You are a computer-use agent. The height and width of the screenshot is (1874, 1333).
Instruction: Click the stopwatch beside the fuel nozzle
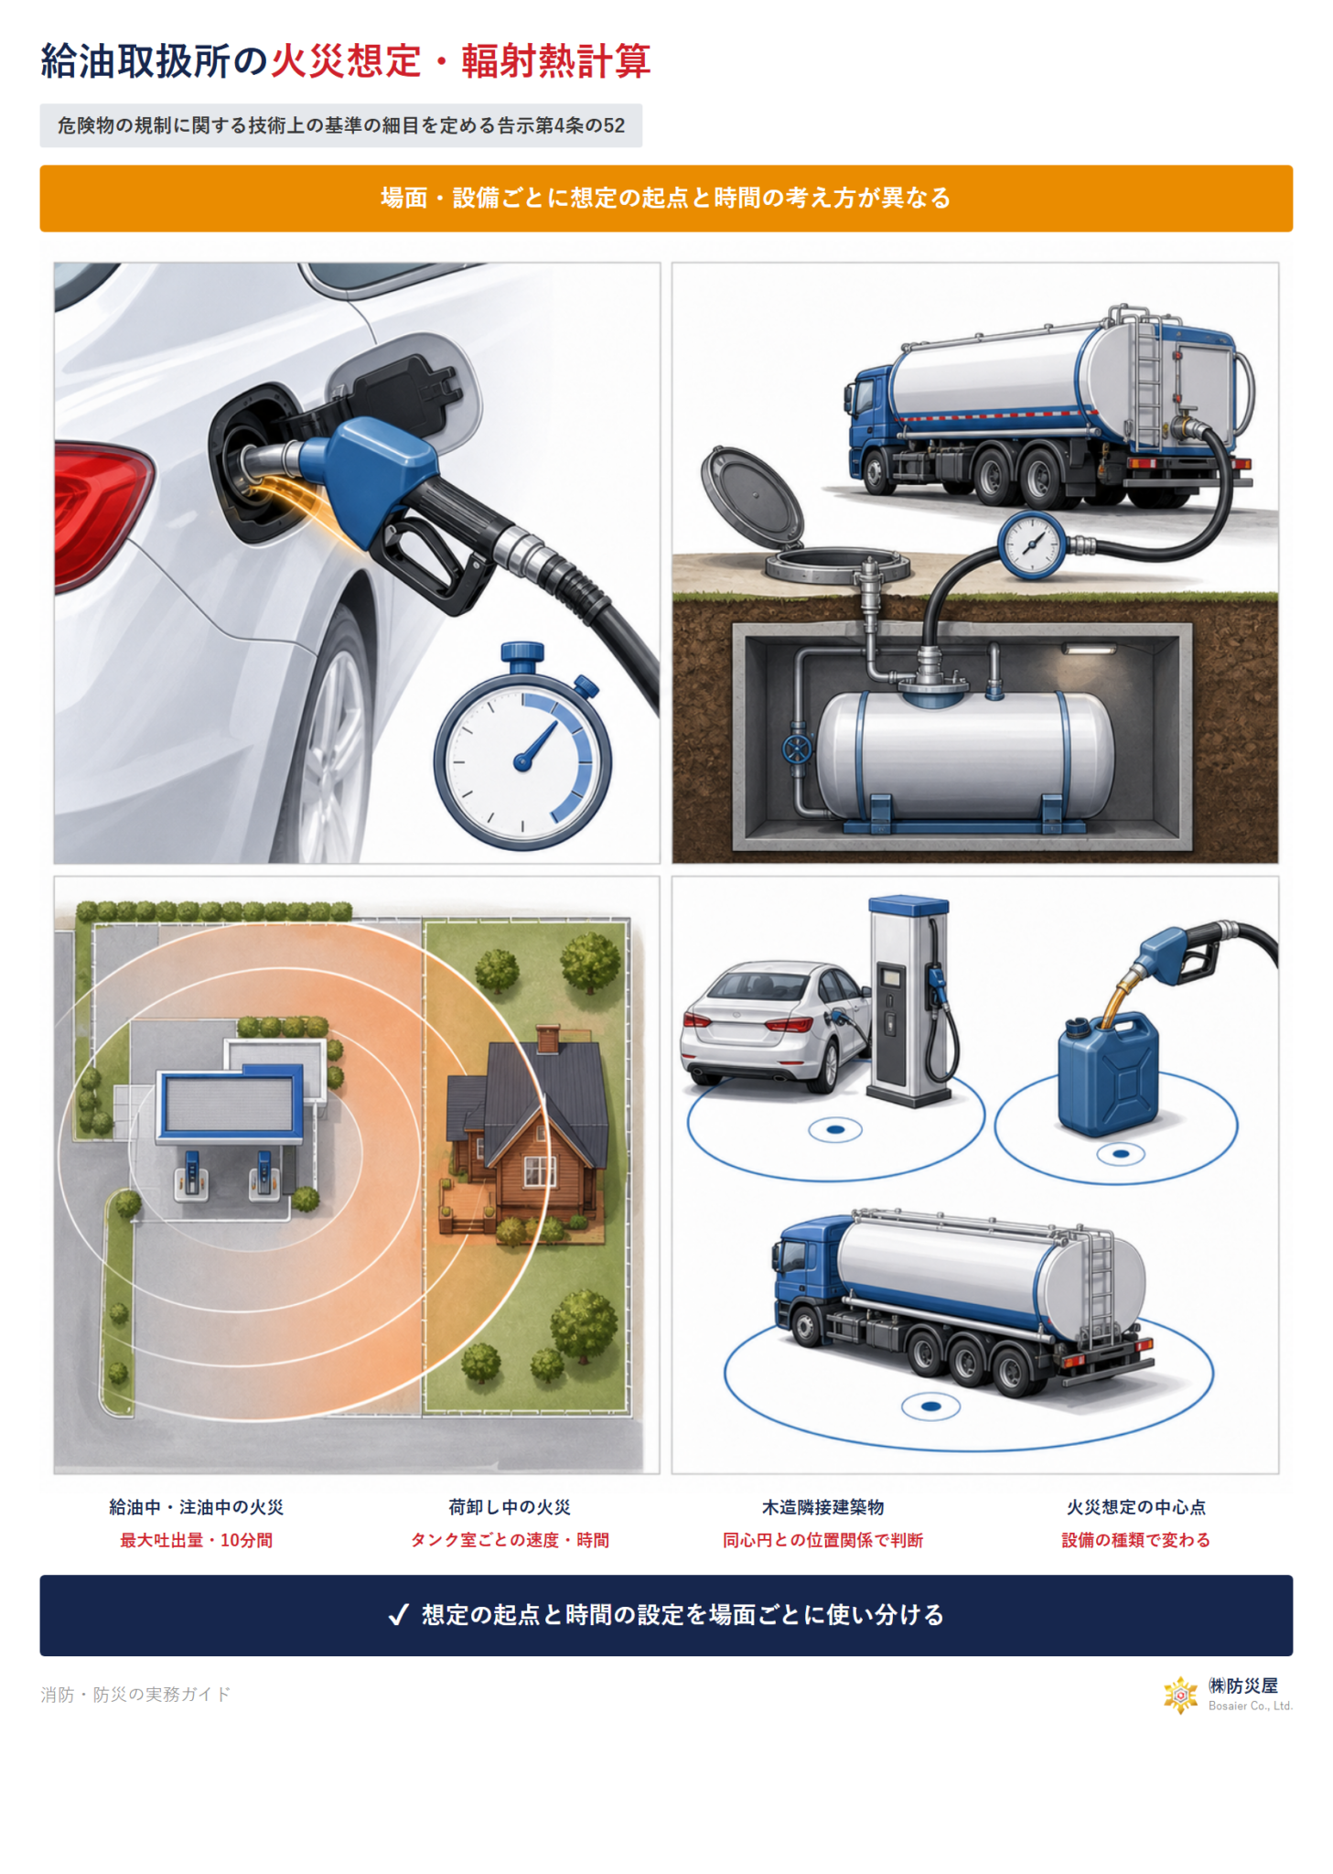(x=522, y=748)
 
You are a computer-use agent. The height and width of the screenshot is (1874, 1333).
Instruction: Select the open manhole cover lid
(x=751, y=494)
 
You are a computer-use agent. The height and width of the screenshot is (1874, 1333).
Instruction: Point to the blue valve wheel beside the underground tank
(x=797, y=749)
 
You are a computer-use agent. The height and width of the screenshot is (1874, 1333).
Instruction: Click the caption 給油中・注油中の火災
(x=197, y=1507)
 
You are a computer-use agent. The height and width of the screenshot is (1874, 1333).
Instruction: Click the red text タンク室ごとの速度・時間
(x=510, y=1540)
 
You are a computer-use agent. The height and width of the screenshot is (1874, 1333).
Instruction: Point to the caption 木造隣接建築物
(x=822, y=1507)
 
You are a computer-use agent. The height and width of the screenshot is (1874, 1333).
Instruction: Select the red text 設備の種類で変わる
(x=1135, y=1540)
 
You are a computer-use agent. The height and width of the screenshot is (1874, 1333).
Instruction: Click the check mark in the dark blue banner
(x=398, y=1615)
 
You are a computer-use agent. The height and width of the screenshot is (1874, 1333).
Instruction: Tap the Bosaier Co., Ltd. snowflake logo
(x=1180, y=1696)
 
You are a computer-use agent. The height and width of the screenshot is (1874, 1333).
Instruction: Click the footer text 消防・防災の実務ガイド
(x=135, y=1695)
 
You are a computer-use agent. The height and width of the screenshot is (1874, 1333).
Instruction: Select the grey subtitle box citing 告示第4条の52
(x=340, y=125)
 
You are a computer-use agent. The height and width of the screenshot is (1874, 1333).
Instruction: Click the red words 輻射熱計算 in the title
(x=555, y=61)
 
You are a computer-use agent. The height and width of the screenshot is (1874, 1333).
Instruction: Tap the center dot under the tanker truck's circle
(x=930, y=1406)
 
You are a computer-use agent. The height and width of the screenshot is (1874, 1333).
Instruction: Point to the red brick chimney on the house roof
(x=549, y=1039)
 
